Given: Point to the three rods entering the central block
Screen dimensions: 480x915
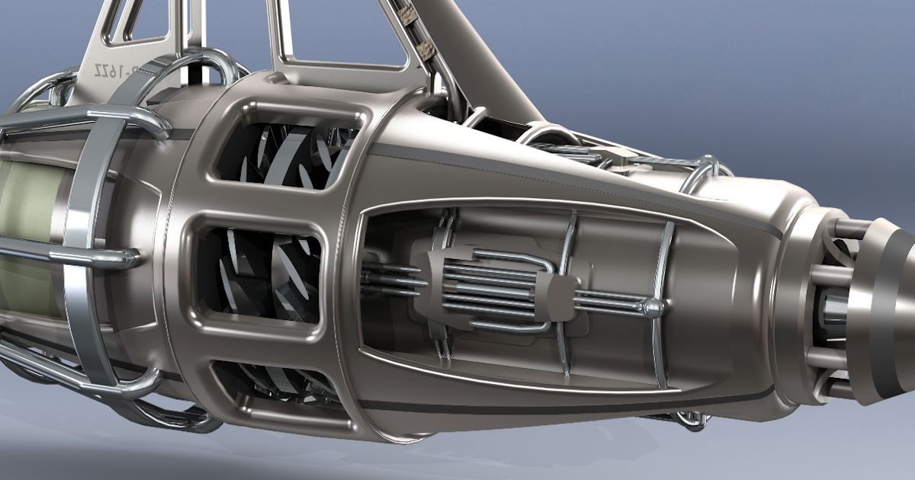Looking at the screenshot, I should (x=389, y=278).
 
